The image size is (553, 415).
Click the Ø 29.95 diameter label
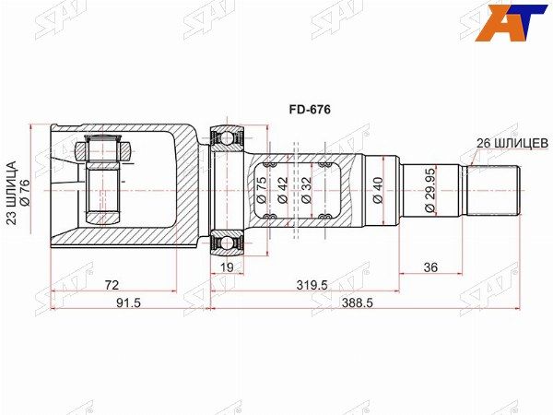click(x=429, y=194)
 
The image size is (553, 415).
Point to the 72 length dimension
click(x=112, y=285)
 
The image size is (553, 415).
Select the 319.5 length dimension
click(x=312, y=285)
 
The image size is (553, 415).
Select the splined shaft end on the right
click(x=494, y=191)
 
